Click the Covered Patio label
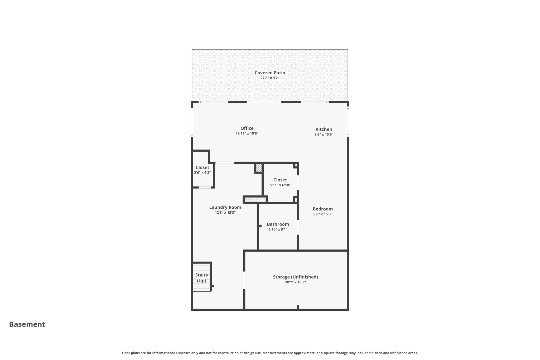coord(270,73)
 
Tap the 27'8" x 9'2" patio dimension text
coord(270,78)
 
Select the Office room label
coord(247,128)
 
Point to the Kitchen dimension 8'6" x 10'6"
coord(324,135)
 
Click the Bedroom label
coord(322,209)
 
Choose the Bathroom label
coord(278,224)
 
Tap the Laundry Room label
coord(225,207)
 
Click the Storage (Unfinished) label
coord(295,277)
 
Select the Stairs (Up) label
coord(201,278)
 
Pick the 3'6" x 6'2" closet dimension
coord(202,173)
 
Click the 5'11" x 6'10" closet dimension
coord(280,185)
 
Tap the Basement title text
coord(27,324)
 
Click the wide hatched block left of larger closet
coord(255,200)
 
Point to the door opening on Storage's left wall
coord(244,280)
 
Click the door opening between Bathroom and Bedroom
coord(298,227)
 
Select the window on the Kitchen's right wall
coord(348,122)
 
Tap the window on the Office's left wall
coord(192,123)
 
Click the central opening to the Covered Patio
coord(264,102)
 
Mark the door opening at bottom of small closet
coord(205,187)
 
